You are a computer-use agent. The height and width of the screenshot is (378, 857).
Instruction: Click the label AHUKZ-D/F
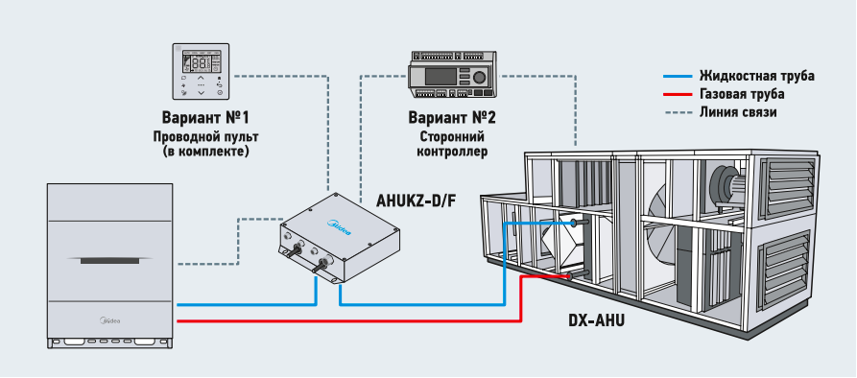pyautogui.click(x=417, y=201)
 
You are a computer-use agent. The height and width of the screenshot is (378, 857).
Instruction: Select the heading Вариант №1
pyautogui.click(x=205, y=118)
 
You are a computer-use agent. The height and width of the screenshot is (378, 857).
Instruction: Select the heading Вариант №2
pyautogui.click(x=452, y=118)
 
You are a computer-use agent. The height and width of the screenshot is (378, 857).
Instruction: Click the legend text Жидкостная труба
pyautogui.click(x=757, y=76)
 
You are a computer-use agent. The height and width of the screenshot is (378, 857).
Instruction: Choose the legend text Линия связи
pyautogui.click(x=738, y=112)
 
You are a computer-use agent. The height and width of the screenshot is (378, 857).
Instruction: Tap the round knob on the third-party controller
pyautogui.click(x=479, y=77)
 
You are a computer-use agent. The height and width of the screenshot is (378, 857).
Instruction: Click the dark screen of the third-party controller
pyautogui.click(x=440, y=77)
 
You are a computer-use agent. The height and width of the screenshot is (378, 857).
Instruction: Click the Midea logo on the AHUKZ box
pyautogui.click(x=339, y=227)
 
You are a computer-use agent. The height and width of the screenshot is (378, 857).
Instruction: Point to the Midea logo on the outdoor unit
pyautogui.click(x=109, y=321)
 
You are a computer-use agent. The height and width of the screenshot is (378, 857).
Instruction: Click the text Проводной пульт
pyautogui.click(x=205, y=136)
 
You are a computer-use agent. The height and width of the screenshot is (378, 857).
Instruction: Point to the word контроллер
pyautogui.click(x=452, y=152)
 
